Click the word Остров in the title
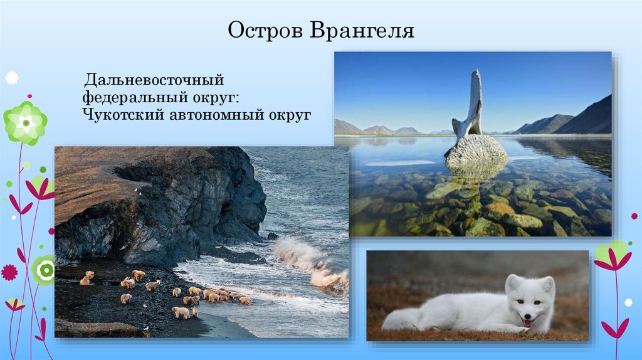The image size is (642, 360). coord(265,31)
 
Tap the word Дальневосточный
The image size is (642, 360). coord(154,80)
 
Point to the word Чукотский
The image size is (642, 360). coord(124,114)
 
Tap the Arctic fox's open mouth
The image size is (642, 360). coord(527,323)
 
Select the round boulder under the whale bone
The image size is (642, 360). coord(476,149)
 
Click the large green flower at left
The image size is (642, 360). coord(25,123)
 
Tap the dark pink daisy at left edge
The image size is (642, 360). coord(9,272)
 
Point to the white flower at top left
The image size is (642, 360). coord(11,78)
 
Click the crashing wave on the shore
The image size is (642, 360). coord(311,262)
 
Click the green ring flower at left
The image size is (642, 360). coord(44,270)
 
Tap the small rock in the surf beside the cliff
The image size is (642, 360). coord(273,236)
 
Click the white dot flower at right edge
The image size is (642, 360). coord(628,303)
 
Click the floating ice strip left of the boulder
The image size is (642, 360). coord(399,163)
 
